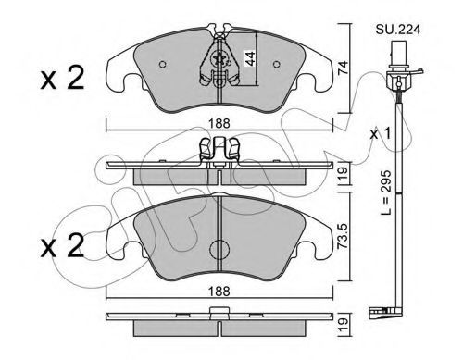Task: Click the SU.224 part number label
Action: pyautogui.click(x=398, y=30)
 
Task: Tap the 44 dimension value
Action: pyautogui.click(x=250, y=58)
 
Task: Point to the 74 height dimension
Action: pyautogui.click(x=343, y=68)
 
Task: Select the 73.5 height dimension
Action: pyautogui.click(x=343, y=236)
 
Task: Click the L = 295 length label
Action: pyautogui.click(x=385, y=192)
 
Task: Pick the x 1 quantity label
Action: pyautogui.click(x=381, y=134)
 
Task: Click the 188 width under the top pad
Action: pyautogui.click(x=219, y=124)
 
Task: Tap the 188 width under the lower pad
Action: pyautogui.click(x=219, y=291)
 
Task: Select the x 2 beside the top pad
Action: pyautogui.click(x=62, y=79)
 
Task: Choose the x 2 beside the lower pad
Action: pyautogui.click(x=62, y=246)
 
